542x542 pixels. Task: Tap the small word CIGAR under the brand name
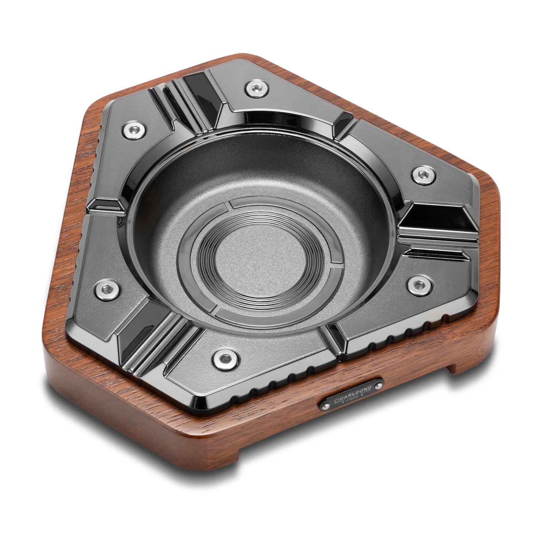click(x=352, y=403)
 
